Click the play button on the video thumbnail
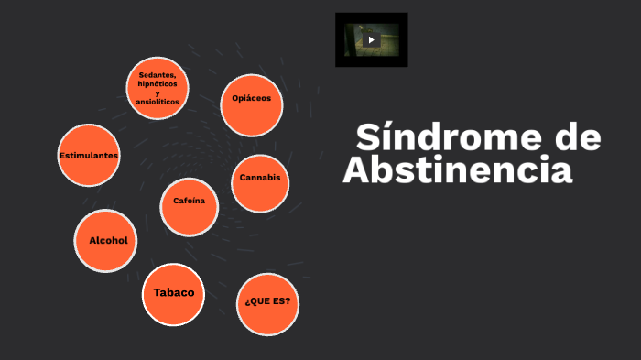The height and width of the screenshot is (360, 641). click(x=371, y=40)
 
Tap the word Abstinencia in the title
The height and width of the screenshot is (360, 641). click(x=457, y=170)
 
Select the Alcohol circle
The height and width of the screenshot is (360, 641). click(x=107, y=241)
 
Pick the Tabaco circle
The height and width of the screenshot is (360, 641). click(x=173, y=294)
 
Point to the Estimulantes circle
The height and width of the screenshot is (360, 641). click(x=89, y=155)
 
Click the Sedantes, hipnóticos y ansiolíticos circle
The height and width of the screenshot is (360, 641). click(x=158, y=88)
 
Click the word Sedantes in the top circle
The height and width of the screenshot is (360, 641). click(x=158, y=74)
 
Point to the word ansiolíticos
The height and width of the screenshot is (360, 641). click(x=158, y=102)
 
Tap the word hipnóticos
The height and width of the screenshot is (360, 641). click(x=158, y=83)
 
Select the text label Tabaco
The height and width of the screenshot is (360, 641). click(x=173, y=293)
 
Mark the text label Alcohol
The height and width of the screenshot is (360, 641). click(x=107, y=240)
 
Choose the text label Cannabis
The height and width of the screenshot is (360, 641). click(x=260, y=177)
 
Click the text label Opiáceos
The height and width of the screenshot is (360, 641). click(x=252, y=98)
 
